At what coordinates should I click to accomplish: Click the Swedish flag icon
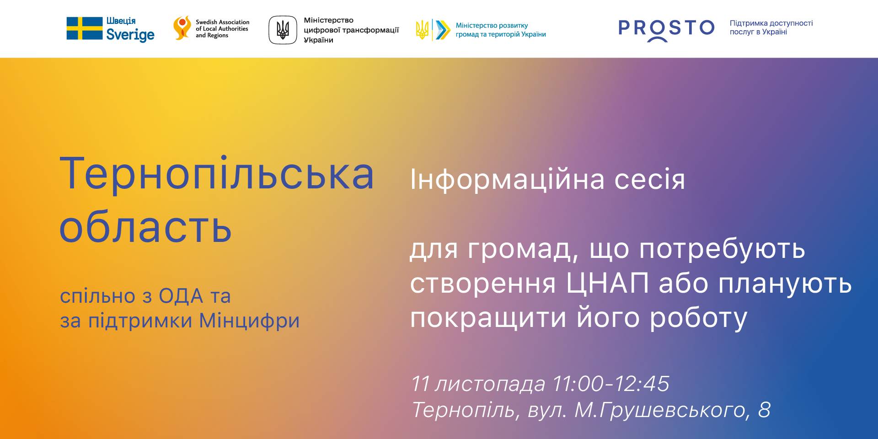[85, 28]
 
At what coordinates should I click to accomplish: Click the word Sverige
[130, 35]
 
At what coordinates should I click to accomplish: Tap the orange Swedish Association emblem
[182, 28]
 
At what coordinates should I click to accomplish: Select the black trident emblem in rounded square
[283, 30]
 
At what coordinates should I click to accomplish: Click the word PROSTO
[666, 28]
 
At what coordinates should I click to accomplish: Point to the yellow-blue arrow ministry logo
[433, 30]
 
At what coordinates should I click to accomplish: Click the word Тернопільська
[217, 174]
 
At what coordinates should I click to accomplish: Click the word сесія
[650, 180]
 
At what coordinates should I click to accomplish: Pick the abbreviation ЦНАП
[607, 284]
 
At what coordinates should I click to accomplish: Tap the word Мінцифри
[250, 321]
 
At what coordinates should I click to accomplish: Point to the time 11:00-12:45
[611, 384]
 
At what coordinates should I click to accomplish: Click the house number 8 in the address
[764, 410]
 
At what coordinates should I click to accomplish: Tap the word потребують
[722, 250]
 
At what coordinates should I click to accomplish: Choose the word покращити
[488, 319]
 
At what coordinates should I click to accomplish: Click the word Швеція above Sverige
[121, 21]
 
